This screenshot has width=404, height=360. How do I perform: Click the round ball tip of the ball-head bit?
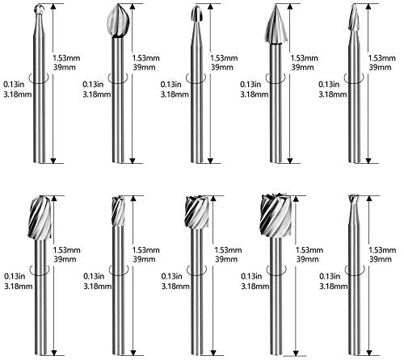coord(40,10)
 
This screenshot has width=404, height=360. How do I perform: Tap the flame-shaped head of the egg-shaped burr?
coord(118,21)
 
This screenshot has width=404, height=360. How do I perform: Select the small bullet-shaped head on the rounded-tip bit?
coord(196,14)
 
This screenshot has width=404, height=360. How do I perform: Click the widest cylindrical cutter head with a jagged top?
coord(276,216)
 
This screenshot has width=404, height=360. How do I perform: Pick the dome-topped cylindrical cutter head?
coord(40,218)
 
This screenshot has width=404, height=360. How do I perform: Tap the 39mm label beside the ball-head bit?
coord(65,67)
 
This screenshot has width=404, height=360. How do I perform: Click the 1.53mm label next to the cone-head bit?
coord(305,58)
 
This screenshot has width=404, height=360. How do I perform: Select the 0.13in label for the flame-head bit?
coord(93,85)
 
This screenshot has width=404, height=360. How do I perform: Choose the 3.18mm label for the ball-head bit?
coord(18,94)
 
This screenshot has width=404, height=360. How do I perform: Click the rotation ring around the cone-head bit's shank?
coord(276,78)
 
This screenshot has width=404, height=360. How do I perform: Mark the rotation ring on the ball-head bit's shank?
coord(40,78)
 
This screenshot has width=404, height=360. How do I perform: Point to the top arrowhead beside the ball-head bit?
coord(53,7)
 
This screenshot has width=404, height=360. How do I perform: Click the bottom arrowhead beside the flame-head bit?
coord(133,161)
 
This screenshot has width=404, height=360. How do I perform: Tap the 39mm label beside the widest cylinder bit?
coord(307,259)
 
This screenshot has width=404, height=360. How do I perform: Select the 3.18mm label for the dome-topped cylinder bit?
coord(19,286)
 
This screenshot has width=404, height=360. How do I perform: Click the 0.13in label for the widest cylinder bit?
coord(251,276)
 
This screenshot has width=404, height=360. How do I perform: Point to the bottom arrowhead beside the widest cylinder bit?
coord(296,354)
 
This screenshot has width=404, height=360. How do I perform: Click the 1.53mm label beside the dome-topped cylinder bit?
coord(67,250)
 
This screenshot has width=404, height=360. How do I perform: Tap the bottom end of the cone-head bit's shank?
coord(276,162)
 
